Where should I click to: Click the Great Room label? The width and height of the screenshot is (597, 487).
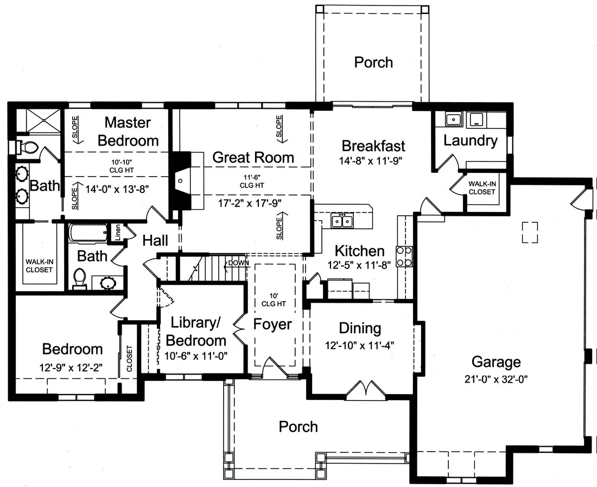[x=253, y=158]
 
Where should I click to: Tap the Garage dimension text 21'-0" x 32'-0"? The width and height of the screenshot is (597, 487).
[x=496, y=379]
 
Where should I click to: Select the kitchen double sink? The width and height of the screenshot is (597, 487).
[x=342, y=221]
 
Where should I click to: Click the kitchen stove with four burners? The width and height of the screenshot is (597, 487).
[x=404, y=257]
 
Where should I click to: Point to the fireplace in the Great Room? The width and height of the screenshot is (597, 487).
[x=182, y=180]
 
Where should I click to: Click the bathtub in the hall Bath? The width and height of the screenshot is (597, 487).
[x=88, y=233]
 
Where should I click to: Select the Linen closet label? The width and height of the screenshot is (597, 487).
[x=118, y=232]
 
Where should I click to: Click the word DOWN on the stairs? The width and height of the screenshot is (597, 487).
[x=239, y=263]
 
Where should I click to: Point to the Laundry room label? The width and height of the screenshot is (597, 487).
[x=470, y=140]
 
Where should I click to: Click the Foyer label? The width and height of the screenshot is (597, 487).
[x=272, y=324]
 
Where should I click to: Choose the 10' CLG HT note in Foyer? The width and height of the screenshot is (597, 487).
[x=274, y=299]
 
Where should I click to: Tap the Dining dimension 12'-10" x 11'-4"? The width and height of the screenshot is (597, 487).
[x=359, y=346]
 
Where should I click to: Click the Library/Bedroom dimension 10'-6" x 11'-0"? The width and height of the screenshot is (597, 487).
[x=196, y=356]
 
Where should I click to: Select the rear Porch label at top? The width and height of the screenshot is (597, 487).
[x=373, y=62]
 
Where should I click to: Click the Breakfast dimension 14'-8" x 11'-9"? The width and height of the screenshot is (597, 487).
[x=371, y=160]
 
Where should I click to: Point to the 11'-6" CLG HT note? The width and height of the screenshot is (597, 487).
[x=252, y=181]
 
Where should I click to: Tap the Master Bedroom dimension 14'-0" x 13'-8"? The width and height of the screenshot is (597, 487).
[x=117, y=189]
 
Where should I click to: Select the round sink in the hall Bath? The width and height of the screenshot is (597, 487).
[x=107, y=283]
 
